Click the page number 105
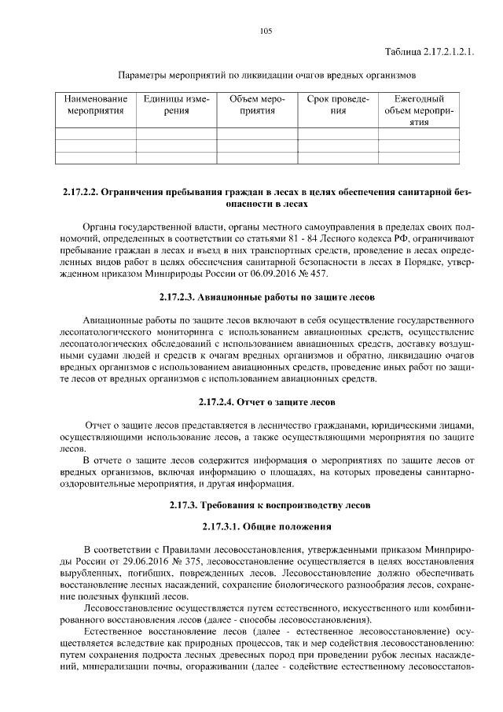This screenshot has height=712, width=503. (266, 31)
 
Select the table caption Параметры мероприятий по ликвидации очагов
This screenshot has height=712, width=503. (266, 76)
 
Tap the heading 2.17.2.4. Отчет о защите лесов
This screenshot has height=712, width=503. (266, 401)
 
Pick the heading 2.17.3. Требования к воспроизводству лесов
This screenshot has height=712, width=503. (266, 504)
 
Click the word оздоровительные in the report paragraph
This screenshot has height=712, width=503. (97, 483)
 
